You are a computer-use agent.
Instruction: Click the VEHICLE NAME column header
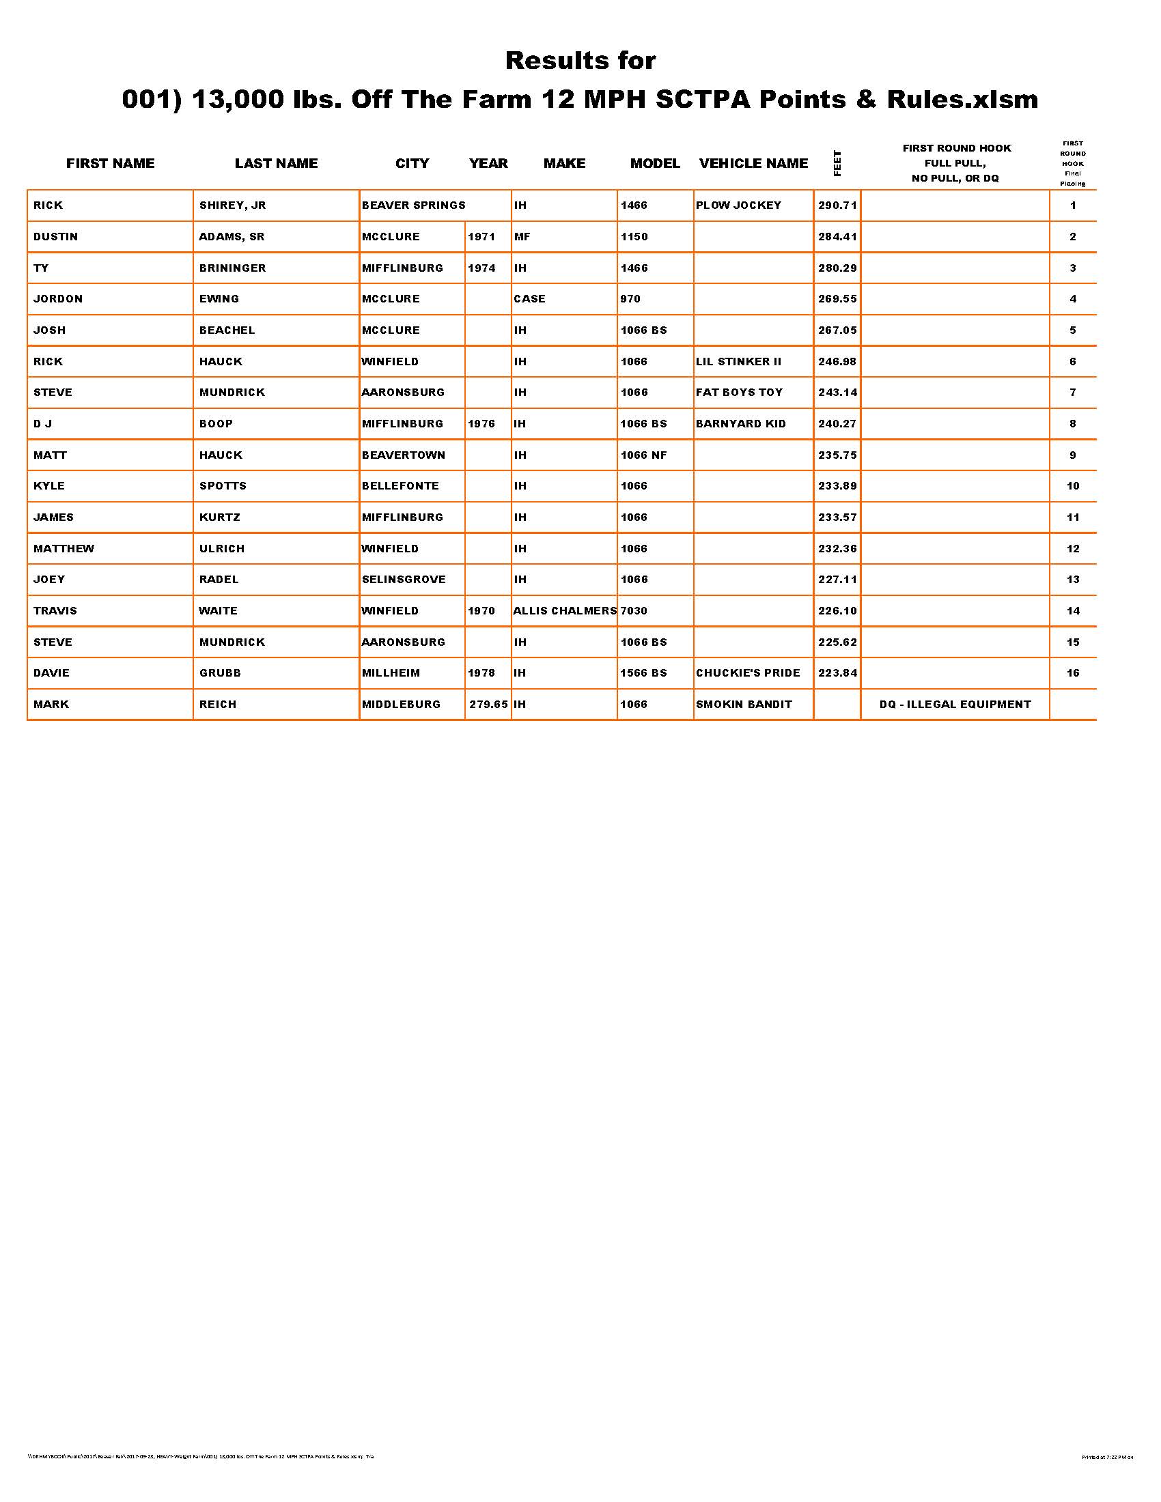tap(753, 163)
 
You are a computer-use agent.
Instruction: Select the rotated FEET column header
tap(837, 163)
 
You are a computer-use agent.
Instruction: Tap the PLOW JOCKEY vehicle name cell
tap(738, 206)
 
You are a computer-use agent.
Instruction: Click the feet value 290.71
tap(837, 206)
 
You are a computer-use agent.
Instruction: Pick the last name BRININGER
tap(232, 268)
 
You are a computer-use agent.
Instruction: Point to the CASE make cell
tap(529, 299)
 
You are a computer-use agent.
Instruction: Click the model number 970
tap(630, 299)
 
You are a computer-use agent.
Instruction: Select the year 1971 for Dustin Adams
tap(481, 237)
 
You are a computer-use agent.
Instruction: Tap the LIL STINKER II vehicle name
tap(738, 362)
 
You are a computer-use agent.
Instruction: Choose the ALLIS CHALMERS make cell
tap(565, 611)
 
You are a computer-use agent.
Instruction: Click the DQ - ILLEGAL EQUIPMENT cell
tap(955, 705)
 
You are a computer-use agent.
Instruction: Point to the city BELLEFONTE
tap(400, 486)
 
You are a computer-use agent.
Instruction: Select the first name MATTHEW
tap(64, 549)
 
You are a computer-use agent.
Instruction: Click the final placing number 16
tap(1073, 673)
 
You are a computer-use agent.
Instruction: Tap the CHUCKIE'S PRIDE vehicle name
tap(748, 673)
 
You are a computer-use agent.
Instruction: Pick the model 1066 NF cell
tap(643, 455)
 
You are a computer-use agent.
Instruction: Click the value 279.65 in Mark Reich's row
tap(488, 705)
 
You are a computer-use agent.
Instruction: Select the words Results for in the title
tap(580, 61)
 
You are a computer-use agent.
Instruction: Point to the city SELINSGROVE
tap(403, 580)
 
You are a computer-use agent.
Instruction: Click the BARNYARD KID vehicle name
tap(740, 424)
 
